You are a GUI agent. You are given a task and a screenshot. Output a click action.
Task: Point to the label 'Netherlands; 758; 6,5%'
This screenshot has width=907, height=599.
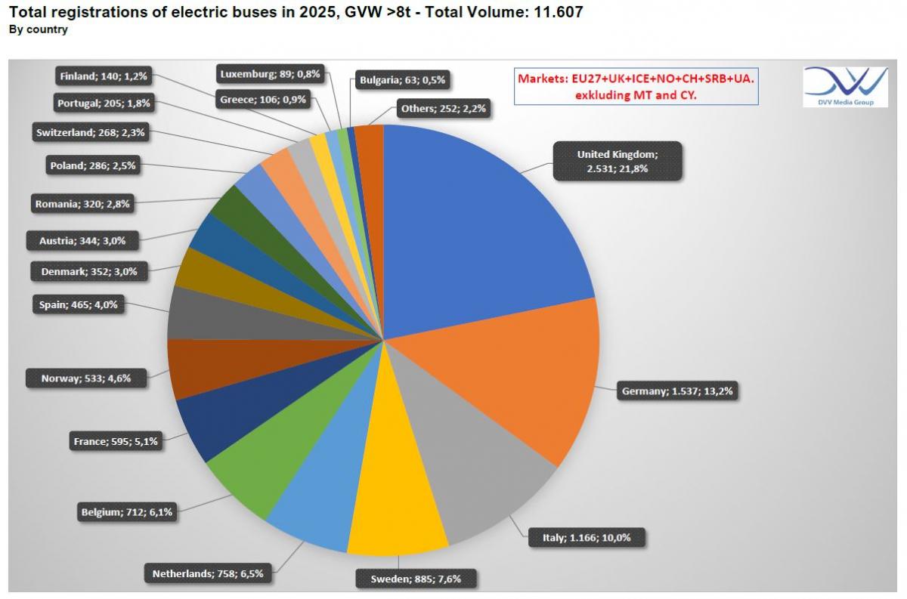(207, 573)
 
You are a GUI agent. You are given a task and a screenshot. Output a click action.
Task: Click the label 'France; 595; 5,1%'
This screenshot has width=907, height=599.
(116, 441)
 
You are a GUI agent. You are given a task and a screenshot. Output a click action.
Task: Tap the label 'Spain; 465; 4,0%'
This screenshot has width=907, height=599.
(79, 306)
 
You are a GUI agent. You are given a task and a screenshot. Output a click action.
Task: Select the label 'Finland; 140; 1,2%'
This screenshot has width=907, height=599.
(104, 76)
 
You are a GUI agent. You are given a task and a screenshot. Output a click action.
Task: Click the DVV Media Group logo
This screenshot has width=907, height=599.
(845, 85)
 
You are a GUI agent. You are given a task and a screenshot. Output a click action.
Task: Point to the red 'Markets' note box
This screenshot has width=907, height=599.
(636, 86)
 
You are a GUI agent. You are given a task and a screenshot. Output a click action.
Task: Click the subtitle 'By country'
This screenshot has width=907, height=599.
(38, 29)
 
